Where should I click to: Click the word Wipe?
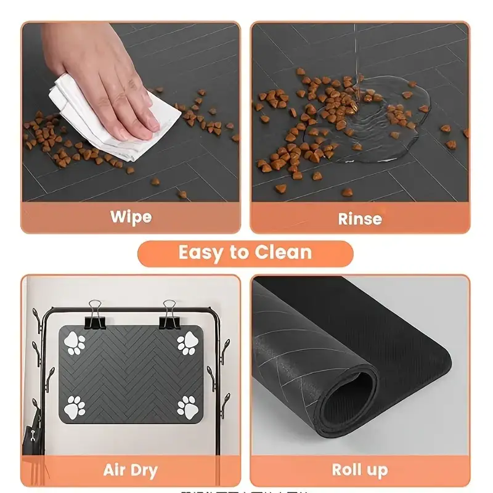131,217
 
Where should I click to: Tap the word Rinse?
360,218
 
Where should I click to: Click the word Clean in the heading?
284,253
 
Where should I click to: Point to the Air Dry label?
130,471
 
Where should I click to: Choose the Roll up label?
360,470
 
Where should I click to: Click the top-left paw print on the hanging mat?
76,343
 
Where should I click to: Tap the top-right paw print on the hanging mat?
187,343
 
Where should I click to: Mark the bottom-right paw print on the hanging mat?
187,407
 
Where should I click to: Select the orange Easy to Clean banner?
245,253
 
